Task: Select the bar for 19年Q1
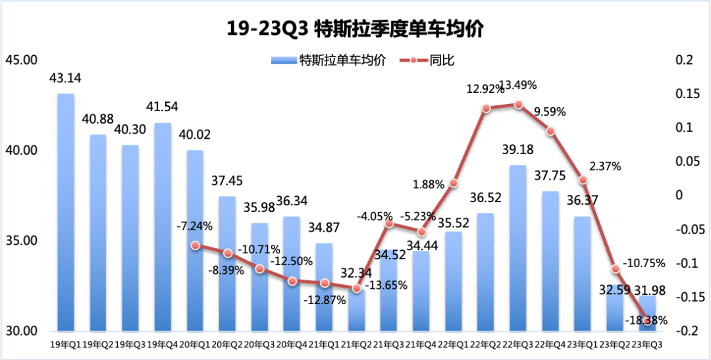(x=66, y=211)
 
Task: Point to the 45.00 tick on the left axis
(x=21, y=61)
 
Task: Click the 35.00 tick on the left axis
(x=21, y=241)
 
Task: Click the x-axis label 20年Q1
(x=195, y=344)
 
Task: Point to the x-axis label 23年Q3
(x=647, y=344)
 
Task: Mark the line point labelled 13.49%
(x=518, y=105)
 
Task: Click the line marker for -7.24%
(x=195, y=245)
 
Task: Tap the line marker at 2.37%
(x=583, y=180)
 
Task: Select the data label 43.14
(x=66, y=79)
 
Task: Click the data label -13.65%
(x=386, y=285)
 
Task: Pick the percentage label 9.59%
(x=550, y=112)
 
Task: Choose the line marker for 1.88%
(x=454, y=183)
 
